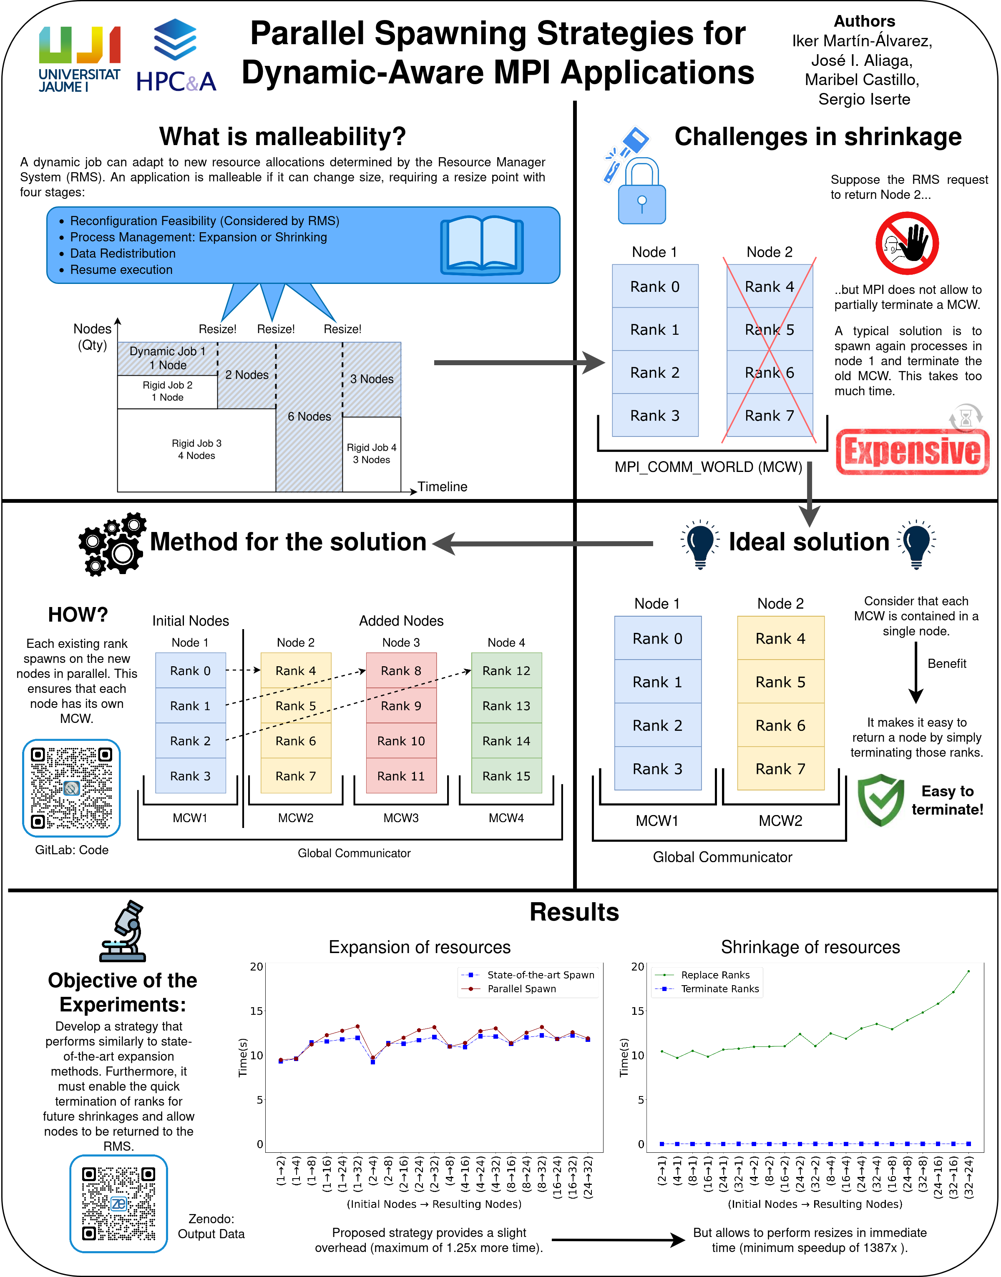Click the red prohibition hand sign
[x=907, y=243]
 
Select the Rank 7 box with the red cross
[x=770, y=415]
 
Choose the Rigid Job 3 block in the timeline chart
[x=196, y=449]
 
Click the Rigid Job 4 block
[x=372, y=454]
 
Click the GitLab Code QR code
[x=71, y=788]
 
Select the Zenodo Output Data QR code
[x=119, y=1204]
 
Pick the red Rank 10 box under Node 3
[x=401, y=741]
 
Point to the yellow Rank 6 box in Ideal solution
[x=780, y=725]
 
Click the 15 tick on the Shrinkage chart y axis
[x=637, y=1011]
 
